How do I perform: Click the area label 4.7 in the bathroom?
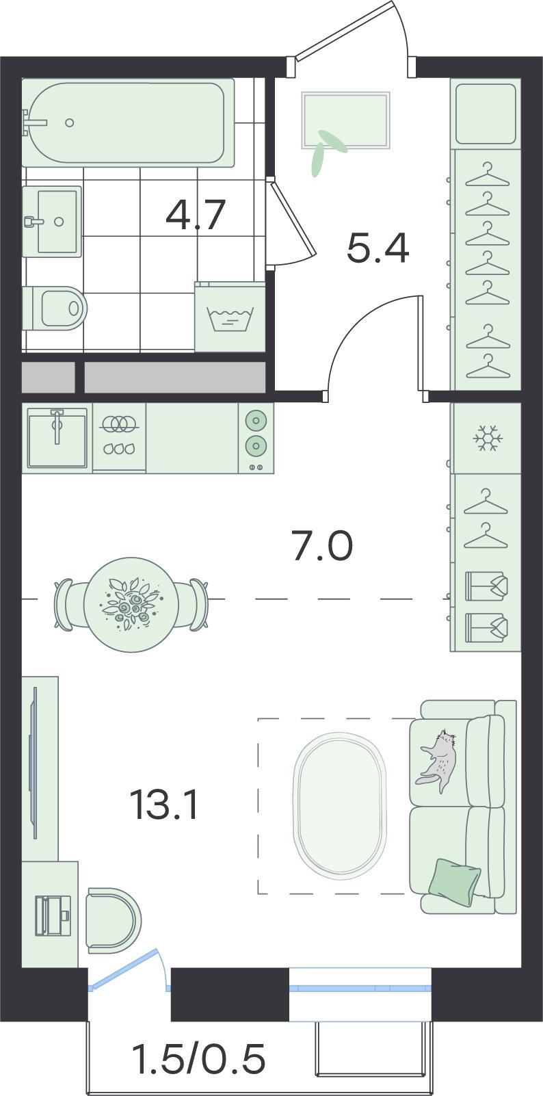click(x=195, y=216)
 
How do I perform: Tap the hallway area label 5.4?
click(x=378, y=248)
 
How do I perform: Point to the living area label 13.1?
click(x=164, y=805)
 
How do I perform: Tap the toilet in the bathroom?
click(x=55, y=309)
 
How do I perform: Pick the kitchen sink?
click(x=57, y=438)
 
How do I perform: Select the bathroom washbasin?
click(x=52, y=221)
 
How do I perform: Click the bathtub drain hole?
click(x=70, y=123)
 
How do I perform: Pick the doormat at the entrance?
click(x=346, y=120)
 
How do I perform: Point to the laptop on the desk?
click(x=53, y=915)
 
